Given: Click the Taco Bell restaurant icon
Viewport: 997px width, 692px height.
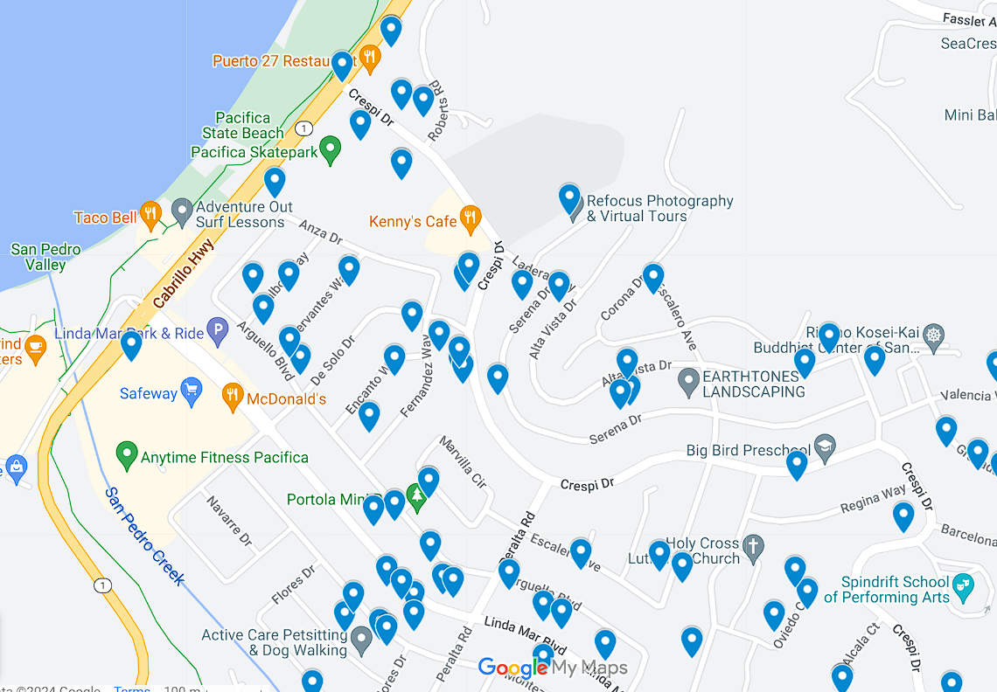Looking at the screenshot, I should (x=151, y=215).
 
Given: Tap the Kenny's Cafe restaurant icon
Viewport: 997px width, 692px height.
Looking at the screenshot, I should (x=471, y=218).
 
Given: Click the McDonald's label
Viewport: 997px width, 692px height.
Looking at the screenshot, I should (x=286, y=399).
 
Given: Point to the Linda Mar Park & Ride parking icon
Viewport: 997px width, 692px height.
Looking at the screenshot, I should (x=218, y=330).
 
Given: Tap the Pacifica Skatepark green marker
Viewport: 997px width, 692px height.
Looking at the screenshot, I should (x=330, y=149).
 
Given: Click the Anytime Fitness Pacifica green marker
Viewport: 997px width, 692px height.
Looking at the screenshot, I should (x=128, y=455).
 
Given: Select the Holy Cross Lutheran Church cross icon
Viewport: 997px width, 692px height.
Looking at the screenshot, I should (x=753, y=548).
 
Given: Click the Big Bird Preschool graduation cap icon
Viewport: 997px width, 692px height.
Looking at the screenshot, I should (x=824, y=448).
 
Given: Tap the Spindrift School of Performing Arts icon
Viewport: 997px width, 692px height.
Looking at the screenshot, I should (x=963, y=584).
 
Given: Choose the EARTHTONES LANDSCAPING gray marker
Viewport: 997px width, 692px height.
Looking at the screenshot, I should (x=689, y=381).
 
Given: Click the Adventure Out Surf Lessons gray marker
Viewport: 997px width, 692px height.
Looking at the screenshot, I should (x=182, y=211).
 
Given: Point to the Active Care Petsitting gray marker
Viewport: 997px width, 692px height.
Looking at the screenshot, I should (x=361, y=641).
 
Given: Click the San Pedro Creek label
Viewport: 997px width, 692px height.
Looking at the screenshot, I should (x=144, y=536).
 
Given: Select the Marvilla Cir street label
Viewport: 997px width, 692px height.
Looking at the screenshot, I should (x=463, y=461).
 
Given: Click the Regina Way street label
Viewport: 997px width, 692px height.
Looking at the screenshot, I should (x=872, y=500).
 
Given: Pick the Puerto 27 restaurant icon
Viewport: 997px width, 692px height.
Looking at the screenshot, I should (x=370, y=58).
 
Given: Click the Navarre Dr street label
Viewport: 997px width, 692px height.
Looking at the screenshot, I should (x=229, y=521).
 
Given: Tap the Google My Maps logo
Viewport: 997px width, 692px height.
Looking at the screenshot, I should (x=553, y=668).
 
